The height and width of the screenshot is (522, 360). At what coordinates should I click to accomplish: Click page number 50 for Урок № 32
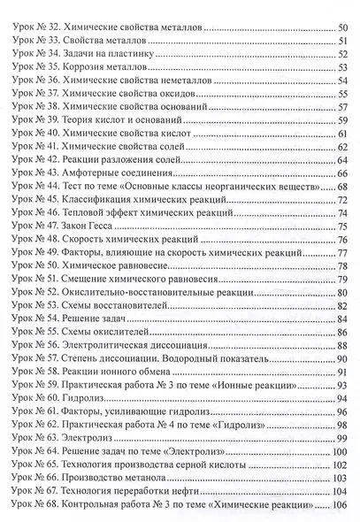click(x=342, y=29)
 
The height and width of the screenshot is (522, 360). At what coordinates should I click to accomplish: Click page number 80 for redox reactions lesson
click(x=342, y=293)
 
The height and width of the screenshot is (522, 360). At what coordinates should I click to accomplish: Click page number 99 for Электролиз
click(x=342, y=438)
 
